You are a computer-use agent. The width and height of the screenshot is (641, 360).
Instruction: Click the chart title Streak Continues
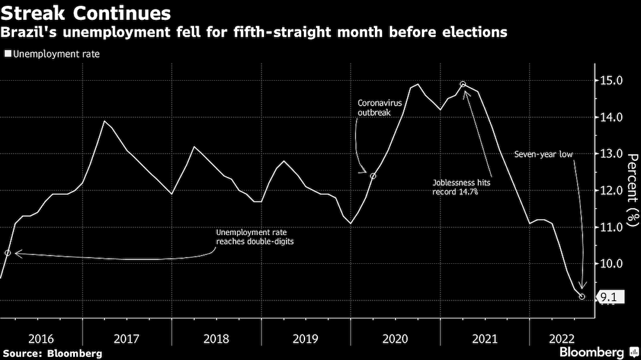click(87, 13)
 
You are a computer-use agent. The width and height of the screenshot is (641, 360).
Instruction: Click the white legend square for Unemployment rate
click(8, 54)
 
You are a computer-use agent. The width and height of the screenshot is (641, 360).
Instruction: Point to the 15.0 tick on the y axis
click(611, 81)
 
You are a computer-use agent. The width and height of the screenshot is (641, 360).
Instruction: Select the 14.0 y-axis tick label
click(611, 117)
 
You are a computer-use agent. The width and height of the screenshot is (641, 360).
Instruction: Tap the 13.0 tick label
click(611, 154)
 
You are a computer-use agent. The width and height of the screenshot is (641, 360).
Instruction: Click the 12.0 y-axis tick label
click(611, 190)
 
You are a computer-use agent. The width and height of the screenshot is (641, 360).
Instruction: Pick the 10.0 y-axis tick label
click(611, 264)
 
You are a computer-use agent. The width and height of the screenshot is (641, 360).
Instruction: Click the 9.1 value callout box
click(606, 297)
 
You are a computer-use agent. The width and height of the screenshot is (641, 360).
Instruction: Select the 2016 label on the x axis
click(41, 338)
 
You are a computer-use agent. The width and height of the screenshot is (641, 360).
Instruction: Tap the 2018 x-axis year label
click(216, 338)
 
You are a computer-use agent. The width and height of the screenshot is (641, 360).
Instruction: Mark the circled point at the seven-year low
click(582, 297)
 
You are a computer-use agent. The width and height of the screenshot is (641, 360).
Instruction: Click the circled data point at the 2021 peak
click(463, 85)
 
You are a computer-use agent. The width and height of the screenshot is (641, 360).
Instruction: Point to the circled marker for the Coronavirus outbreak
click(373, 176)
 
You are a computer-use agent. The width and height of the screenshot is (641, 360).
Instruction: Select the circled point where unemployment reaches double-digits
click(8, 253)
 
